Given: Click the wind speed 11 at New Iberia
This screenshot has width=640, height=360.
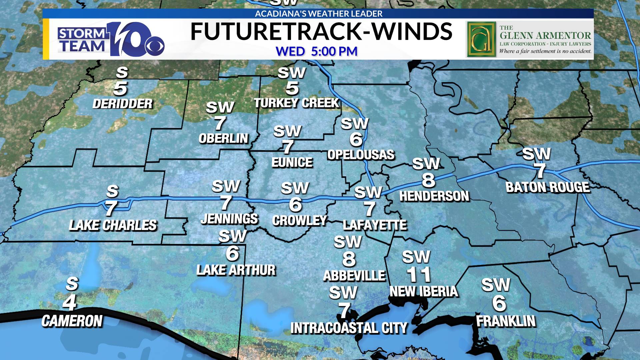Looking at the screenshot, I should click(x=419, y=275).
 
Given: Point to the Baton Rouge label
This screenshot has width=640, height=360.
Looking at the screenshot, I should click(x=548, y=187).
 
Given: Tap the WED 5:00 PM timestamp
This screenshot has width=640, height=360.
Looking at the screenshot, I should click(x=317, y=51).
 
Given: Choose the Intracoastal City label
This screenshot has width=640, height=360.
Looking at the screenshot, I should click(x=349, y=328).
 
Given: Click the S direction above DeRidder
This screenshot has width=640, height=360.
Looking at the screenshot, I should click(x=122, y=72).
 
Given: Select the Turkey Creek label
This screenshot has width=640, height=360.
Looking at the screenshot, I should click(x=296, y=103).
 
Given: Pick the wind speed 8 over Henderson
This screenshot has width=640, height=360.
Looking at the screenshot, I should click(x=428, y=180).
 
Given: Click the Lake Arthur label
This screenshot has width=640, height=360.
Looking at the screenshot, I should click(x=236, y=270).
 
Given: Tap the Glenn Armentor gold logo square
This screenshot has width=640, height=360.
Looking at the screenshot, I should click(x=480, y=39).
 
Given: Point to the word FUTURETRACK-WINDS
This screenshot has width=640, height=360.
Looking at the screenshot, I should click(x=321, y=32).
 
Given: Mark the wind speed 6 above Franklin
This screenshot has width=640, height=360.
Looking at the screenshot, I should click(x=499, y=303).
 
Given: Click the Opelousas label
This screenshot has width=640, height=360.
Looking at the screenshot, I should click(x=361, y=155).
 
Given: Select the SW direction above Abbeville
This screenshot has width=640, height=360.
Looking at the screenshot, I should click(x=348, y=242).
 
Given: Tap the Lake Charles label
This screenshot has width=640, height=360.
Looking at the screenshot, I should click(x=113, y=225).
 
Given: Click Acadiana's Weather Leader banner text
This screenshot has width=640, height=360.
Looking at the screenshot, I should click(x=318, y=14).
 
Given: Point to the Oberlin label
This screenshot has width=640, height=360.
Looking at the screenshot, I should click(x=223, y=138).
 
